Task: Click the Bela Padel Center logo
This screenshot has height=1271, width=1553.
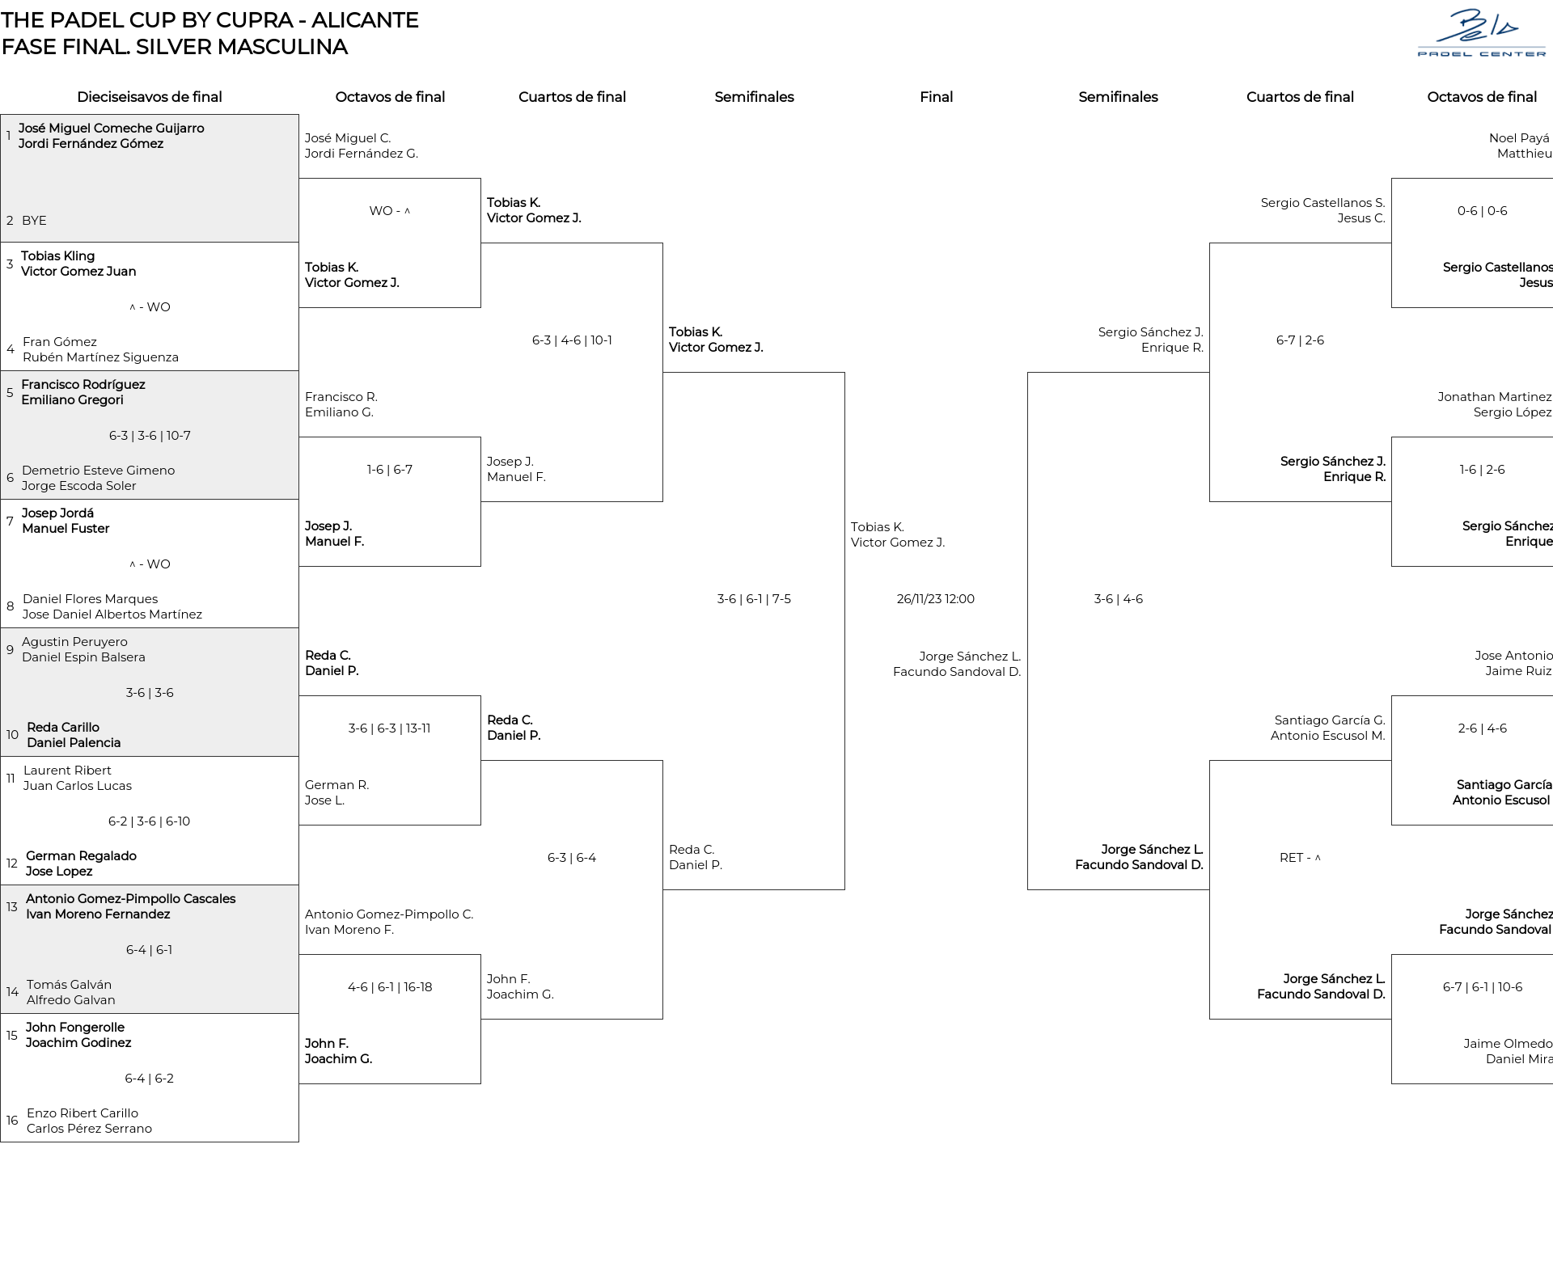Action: point(1482,33)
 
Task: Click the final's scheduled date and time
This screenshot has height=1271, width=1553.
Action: point(936,599)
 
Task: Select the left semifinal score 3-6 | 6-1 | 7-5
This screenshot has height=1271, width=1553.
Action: point(754,599)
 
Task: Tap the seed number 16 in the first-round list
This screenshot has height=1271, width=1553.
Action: point(12,1121)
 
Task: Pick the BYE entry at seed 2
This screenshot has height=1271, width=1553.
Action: point(34,221)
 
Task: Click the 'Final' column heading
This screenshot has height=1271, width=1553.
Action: point(936,97)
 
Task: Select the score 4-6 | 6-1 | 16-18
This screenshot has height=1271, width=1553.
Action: point(390,987)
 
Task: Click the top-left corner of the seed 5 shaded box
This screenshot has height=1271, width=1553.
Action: point(1,371)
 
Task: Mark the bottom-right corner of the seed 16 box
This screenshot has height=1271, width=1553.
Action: point(298,1142)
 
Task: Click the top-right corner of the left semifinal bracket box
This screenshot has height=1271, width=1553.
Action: point(844,373)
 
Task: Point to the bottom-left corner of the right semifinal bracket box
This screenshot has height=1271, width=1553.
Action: point(1028,889)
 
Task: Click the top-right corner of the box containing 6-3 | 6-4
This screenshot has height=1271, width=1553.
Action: point(662,761)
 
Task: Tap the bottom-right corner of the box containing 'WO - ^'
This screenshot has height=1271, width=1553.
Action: point(480,307)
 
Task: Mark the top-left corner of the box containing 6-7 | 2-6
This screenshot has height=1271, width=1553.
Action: point(1210,243)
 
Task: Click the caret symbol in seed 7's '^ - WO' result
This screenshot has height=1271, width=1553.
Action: point(133,564)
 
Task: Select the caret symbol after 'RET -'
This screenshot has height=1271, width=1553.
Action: point(1318,858)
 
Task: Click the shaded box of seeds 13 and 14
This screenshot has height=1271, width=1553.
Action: point(150,949)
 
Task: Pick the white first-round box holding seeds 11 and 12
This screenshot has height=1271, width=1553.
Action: point(150,821)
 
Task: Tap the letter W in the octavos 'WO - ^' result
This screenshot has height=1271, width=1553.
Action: point(375,211)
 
